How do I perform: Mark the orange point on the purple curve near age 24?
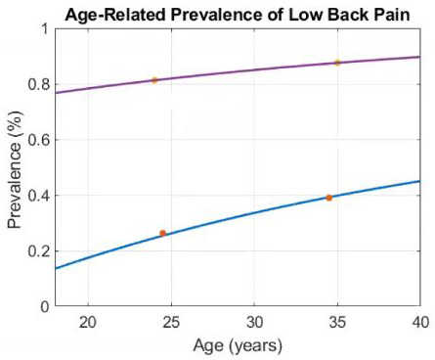[154, 80]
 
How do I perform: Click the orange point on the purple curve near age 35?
[337, 63]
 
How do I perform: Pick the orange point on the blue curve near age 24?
[162, 233]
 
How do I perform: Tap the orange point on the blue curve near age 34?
[329, 198]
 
